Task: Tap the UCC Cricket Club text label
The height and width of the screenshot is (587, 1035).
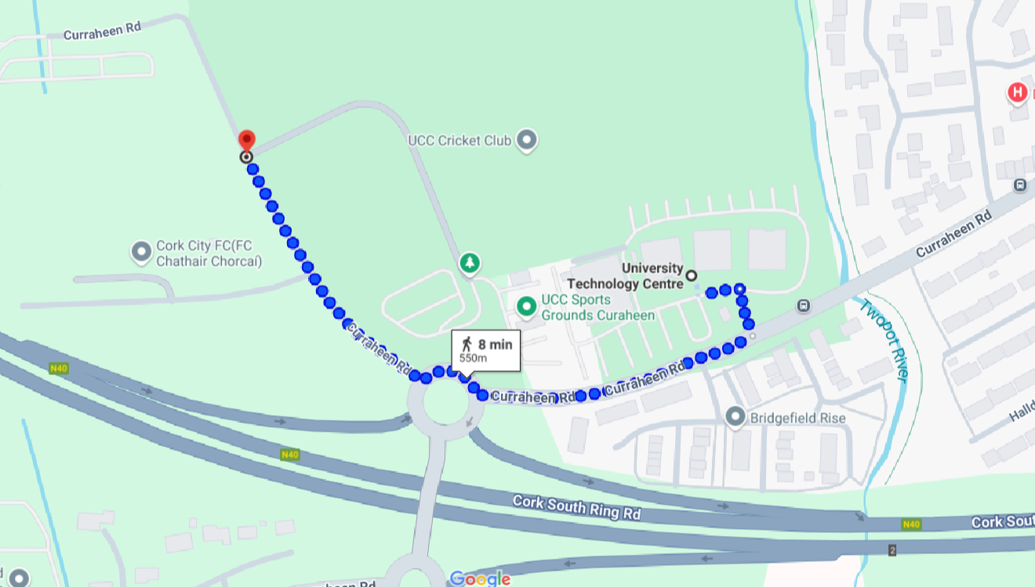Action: coord(459,141)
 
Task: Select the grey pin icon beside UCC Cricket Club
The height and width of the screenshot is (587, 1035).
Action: coord(528,140)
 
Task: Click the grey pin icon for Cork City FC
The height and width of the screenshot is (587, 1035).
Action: coord(141,252)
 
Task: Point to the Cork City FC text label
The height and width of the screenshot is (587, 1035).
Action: coord(209,253)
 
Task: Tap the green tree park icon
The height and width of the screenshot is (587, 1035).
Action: coord(470,263)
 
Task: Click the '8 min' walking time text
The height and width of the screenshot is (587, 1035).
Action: coord(495,345)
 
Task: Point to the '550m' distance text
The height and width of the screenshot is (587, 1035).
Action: coord(473,359)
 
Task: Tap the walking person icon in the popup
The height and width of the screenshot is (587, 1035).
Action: coord(467,345)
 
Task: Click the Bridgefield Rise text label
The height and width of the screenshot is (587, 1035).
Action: coord(797,418)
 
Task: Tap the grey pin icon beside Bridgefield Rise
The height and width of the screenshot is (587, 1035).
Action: coord(735,417)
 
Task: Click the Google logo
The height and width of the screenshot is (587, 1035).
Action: coord(480,579)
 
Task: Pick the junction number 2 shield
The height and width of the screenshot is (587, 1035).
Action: coord(892,550)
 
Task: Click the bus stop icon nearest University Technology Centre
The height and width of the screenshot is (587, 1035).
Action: coord(802,306)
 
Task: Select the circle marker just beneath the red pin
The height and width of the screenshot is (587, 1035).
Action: coord(246,157)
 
